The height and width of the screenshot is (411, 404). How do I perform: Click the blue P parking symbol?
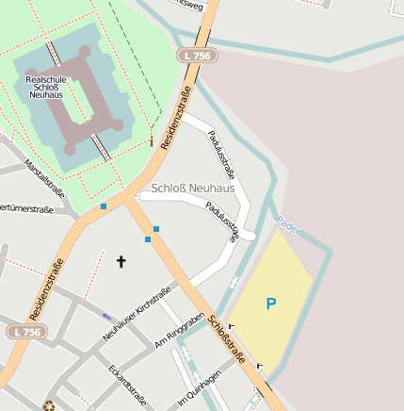(271, 304)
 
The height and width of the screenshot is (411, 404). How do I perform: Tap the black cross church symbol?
(121, 261)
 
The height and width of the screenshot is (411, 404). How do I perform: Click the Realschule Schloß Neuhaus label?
(46, 88)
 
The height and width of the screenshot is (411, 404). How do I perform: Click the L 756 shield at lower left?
(26, 332)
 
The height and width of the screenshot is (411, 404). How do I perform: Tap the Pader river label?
(288, 225)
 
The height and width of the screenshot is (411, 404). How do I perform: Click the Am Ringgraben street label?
(179, 330)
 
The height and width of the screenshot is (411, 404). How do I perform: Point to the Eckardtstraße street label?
(126, 385)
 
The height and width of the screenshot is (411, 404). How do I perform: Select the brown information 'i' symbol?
(151, 140)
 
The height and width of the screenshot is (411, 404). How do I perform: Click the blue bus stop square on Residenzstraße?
(104, 205)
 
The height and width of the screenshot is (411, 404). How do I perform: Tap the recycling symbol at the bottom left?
(49, 406)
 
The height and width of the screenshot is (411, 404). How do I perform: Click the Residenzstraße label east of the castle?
(176, 117)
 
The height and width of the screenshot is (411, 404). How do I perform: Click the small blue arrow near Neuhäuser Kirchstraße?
(105, 317)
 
